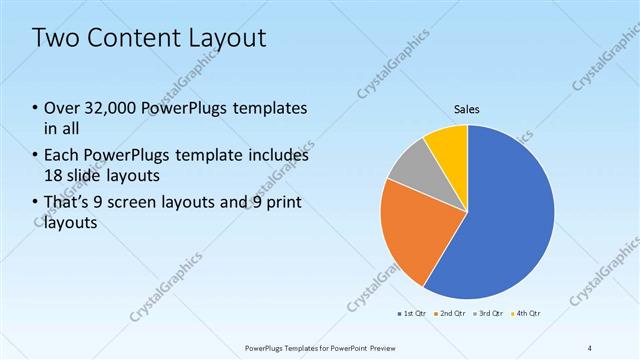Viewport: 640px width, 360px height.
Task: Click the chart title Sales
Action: point(467,108)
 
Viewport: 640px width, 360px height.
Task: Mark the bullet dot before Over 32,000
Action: point(35,108)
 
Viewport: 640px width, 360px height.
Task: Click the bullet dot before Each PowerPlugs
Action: point(35,156)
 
